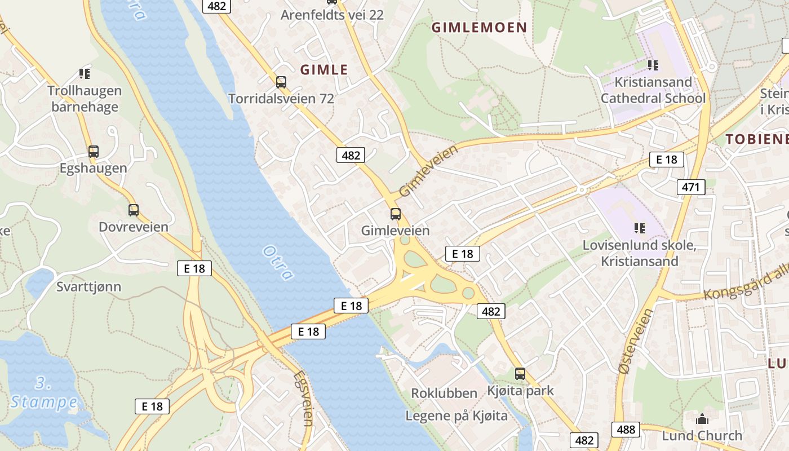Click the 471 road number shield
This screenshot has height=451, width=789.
click(x=690, y=187)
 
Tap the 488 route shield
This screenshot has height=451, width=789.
click(x=626, y=430)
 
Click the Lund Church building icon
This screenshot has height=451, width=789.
click(x=702, y=419)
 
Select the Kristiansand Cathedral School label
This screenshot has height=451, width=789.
click(x=653, y=90)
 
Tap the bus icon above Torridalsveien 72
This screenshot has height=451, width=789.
click(x=281, y=82)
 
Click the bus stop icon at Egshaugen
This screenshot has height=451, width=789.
click(x=94, y=152)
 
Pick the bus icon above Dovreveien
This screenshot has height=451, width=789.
click(x=134, y=210)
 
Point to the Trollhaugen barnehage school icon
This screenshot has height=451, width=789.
click(x=85, y=73)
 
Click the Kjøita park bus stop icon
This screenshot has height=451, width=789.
click(x=520, y=373)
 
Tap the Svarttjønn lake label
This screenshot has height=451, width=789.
click(x=88, y=287)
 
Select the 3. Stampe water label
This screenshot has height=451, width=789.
click(x=44, y=393)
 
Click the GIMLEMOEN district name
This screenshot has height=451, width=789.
click(x=479, y=27)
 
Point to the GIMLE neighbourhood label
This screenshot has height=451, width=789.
click(x=324, y=70)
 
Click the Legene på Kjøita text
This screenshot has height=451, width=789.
click(x=456, y=416)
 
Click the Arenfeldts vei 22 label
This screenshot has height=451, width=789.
click(x=332, y=15)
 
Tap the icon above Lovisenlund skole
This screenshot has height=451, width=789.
click(x=639, y=228)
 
